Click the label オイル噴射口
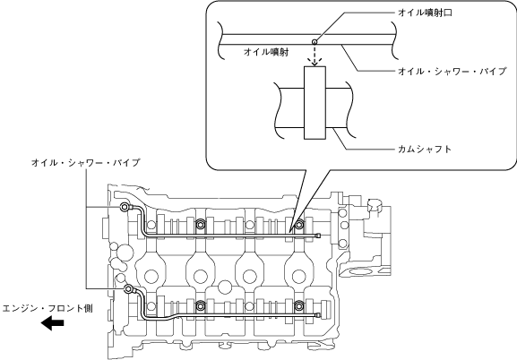(x=425, y=13)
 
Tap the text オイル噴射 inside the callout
(x=266, y=52)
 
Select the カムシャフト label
(x=425, y=149)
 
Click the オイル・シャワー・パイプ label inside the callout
(x=452, y=72)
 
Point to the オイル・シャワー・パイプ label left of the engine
(x=86, y=162)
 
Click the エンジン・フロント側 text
(x=47, y=309)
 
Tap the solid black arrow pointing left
(x=53, y=323)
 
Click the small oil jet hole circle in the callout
(x=315, y=42)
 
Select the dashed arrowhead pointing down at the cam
(x=315, y=62)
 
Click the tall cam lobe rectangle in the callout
(x=315, y=102)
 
